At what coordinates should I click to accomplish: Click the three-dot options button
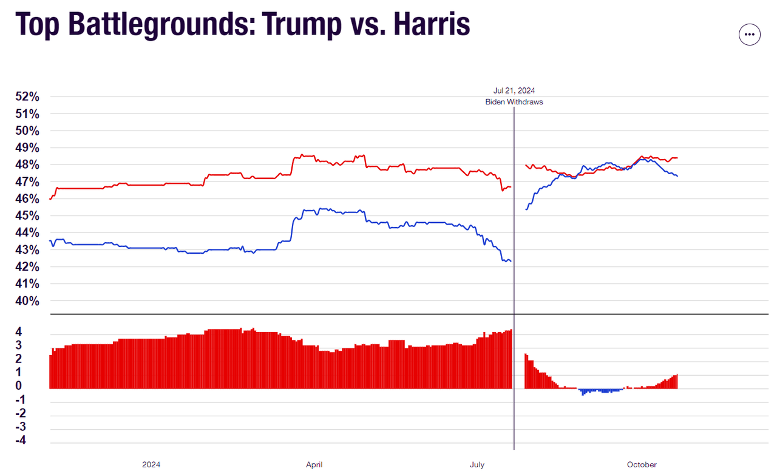click(749, 35)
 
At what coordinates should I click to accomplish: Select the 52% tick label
click(27, 97)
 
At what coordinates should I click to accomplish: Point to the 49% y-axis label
click(27, 148)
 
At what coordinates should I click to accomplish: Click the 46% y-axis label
click(27, 199)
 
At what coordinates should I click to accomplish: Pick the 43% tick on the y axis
click(27, 250)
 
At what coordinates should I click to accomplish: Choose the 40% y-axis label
click(27, 301)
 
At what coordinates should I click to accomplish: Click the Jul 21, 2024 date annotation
click(514, 90)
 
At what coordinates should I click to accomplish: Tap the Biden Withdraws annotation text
click(514, 102)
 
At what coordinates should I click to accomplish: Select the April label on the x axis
click(314, 465)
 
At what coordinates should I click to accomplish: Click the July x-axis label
click(477, 465)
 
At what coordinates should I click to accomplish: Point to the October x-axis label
click(642, 465)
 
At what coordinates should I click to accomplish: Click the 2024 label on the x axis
click(151, 465)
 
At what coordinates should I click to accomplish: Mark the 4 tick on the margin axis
click(19, 332)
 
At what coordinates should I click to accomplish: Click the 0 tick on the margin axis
click(19, 386)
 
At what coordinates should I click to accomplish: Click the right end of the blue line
click(677, 176)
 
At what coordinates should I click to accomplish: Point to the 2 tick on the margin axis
click(19, 359)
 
